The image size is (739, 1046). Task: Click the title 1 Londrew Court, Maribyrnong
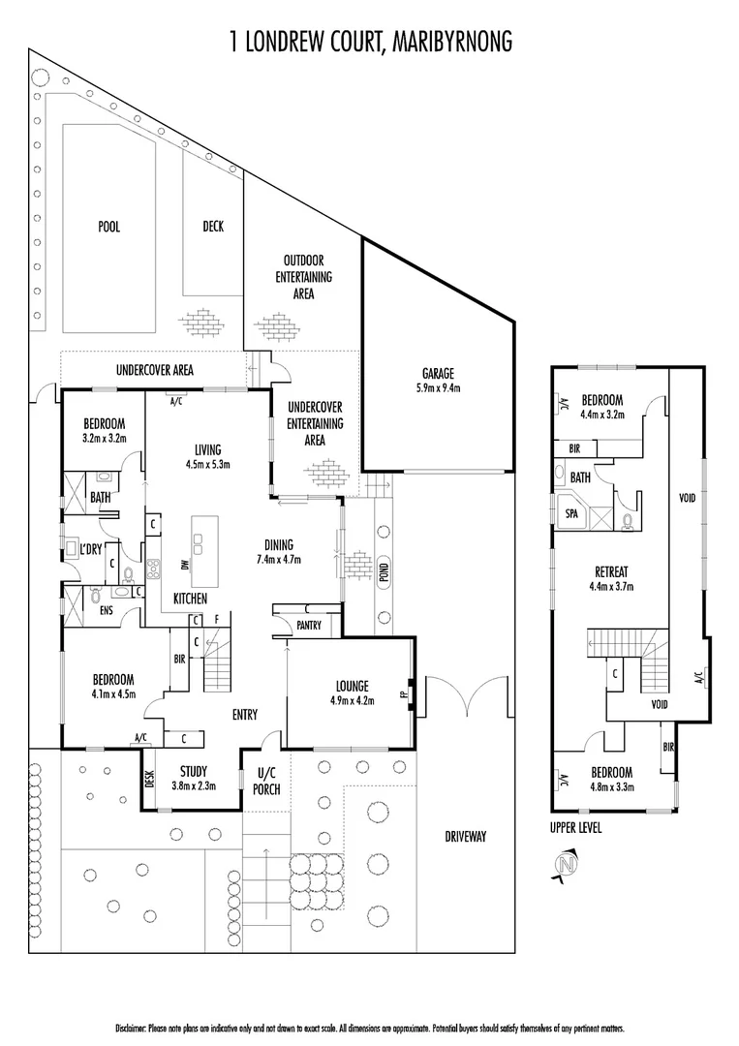[x=370, y=40]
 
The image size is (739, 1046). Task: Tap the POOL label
[x=108, y=227]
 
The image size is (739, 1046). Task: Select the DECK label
[x=213, y=227]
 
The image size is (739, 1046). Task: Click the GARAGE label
[x=438, y=373]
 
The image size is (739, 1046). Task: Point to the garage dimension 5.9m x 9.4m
[x=438, y=387]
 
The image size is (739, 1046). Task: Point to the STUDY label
[x=194, y=771]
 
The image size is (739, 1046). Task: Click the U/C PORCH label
[x=266, y=782]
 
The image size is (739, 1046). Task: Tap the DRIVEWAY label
[x=466, y=837]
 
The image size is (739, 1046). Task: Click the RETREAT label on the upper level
[x=610, y=570]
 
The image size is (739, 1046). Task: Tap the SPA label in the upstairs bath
[x=571, y=514]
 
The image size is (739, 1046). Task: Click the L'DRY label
[x=92, y=549]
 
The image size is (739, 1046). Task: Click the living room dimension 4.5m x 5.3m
[x=207, y=464]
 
